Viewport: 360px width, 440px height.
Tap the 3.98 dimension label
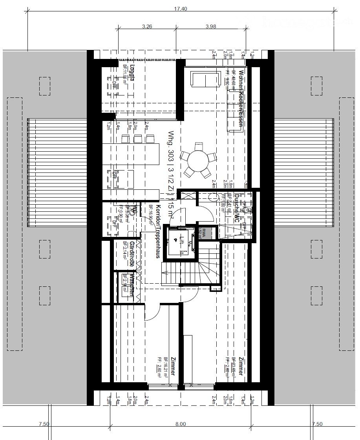[x=211, y=26]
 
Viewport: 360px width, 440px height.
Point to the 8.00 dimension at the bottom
[x=180, y=424]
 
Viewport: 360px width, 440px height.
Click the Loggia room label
[x=132, y=73]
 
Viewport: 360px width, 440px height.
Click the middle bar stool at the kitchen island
[x=137, y=139]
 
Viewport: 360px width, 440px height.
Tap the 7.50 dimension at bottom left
[x=44, y=424]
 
